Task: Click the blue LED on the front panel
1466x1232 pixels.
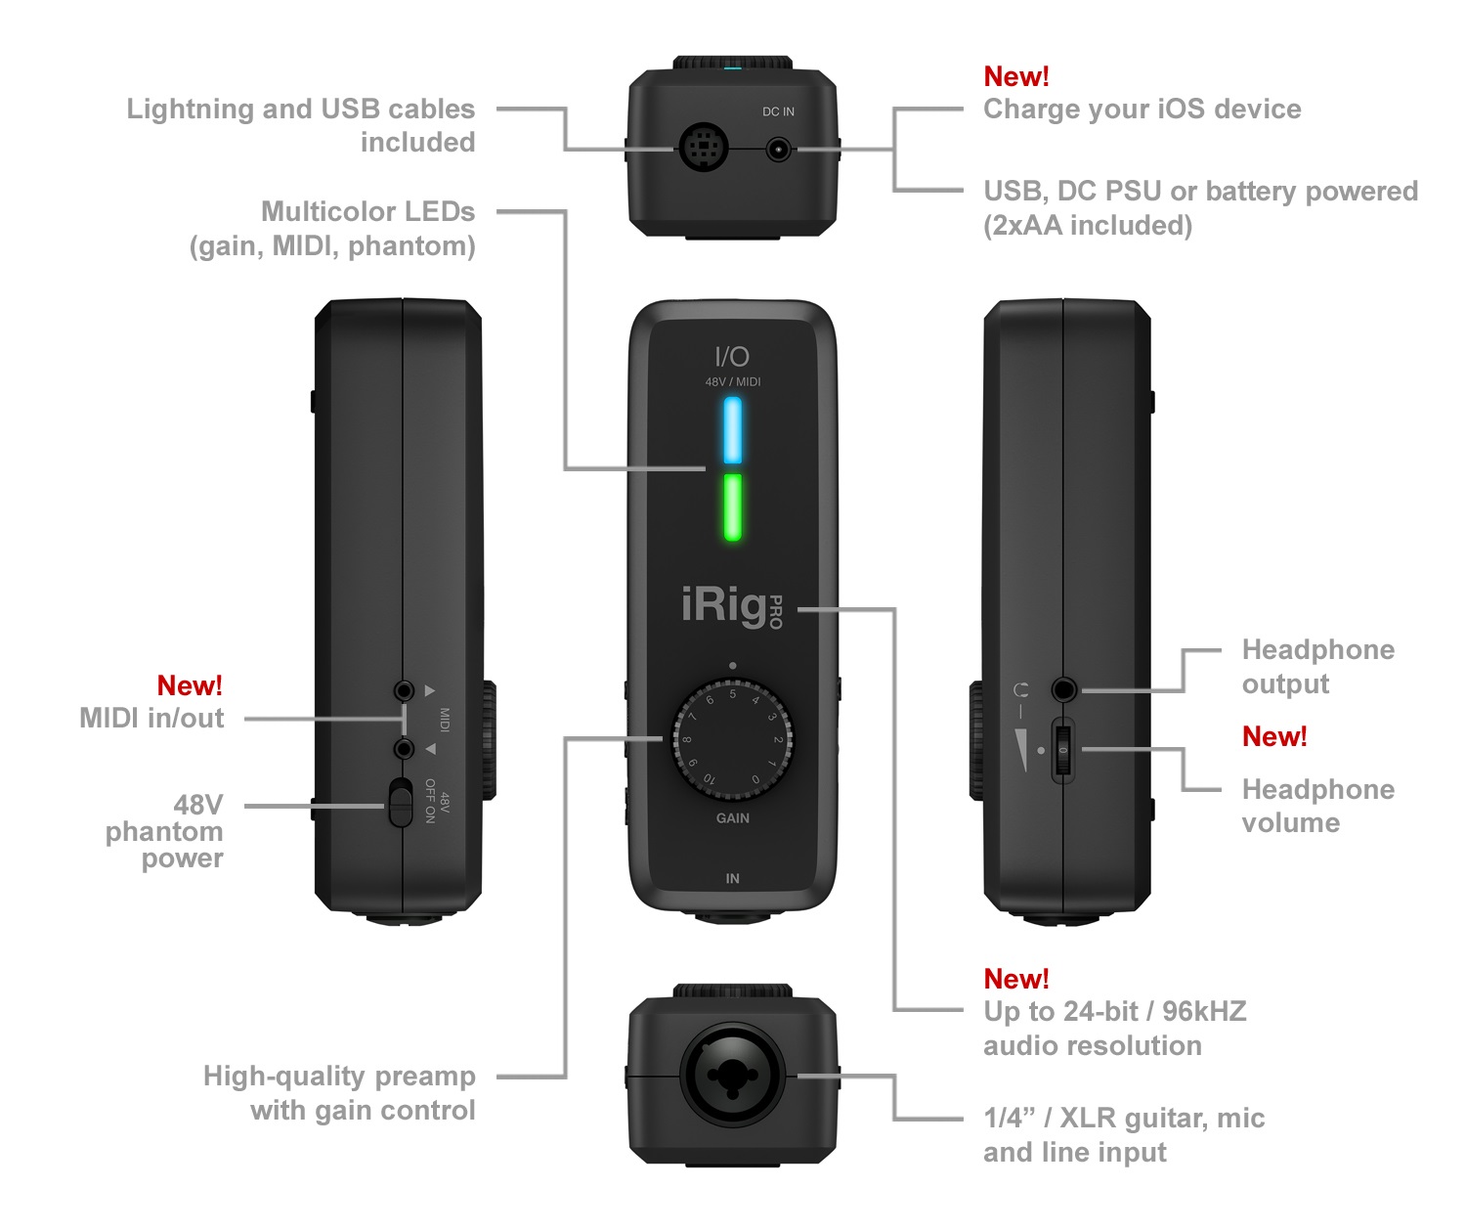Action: click(732, 430)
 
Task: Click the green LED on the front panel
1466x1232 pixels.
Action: click(732, 506)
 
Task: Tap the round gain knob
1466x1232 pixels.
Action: click(732, 739)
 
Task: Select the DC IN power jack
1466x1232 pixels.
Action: click(778, 150)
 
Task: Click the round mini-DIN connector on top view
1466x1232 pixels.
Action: click(703, 149)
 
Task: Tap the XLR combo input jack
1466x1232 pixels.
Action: click(732, 1076)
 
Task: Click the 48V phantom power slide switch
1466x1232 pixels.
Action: click(400, 803)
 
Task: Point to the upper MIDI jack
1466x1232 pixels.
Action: click(403, 690)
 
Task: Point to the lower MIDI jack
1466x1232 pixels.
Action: click(403, 749)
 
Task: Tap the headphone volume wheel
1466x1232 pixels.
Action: click(1062, 750)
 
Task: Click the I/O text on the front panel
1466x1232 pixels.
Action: click(732, 357)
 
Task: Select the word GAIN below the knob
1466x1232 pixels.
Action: click(732, 818)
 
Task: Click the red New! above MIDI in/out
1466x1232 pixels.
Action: click(190, 685)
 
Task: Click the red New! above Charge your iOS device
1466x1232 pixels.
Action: click(1015, 76)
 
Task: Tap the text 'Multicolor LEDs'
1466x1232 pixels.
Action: click(367, 212)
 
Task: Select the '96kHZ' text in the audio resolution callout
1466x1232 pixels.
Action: click(1204, 1011)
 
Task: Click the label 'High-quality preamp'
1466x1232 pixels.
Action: click(339, 1077)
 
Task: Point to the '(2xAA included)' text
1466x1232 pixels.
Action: click(1087, 226)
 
